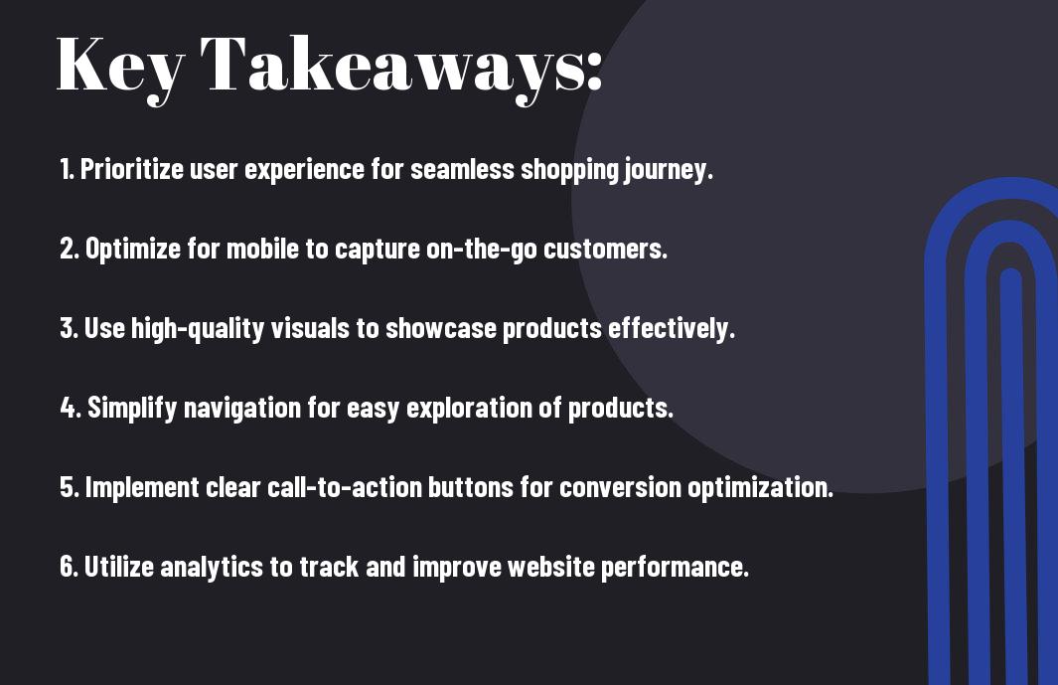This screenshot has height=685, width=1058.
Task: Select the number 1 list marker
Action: pyautogui.click(x=67, y=169)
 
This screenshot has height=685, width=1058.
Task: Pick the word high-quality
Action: pyautogui.click(x=198, y=329)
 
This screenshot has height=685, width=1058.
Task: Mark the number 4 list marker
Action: pyautogui.click(x=71, y=408)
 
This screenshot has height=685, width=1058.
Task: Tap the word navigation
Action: pyautogui.click(x=242, y=409)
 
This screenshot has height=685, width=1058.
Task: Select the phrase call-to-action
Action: pyautogui.click(x=345, y=487)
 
